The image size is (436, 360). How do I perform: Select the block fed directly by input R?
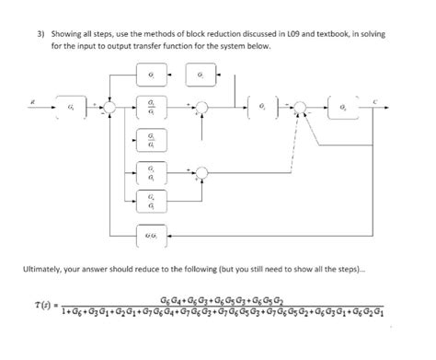72,108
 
